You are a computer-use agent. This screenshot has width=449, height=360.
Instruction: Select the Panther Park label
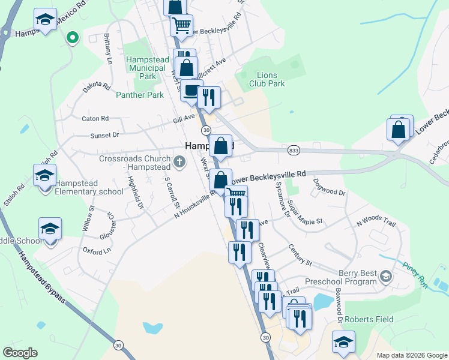[139, 95]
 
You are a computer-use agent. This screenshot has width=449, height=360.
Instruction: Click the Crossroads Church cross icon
[179, 161]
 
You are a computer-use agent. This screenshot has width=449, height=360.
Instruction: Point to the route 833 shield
[294, 150]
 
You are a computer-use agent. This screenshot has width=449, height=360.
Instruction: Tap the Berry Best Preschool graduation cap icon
[385, 277]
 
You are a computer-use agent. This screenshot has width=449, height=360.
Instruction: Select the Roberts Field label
[368, 319]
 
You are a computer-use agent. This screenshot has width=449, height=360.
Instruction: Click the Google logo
[20, 353]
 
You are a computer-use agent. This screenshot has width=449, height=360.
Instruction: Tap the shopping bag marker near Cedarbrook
[399, 130]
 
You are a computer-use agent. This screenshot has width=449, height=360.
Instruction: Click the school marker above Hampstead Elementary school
[45, 176]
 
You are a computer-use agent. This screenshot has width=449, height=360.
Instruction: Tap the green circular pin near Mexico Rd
[73, 38]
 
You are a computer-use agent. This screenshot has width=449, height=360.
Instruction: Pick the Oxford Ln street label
[97, 250]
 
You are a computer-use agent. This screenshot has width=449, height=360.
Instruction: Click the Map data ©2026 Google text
[412, 355]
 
